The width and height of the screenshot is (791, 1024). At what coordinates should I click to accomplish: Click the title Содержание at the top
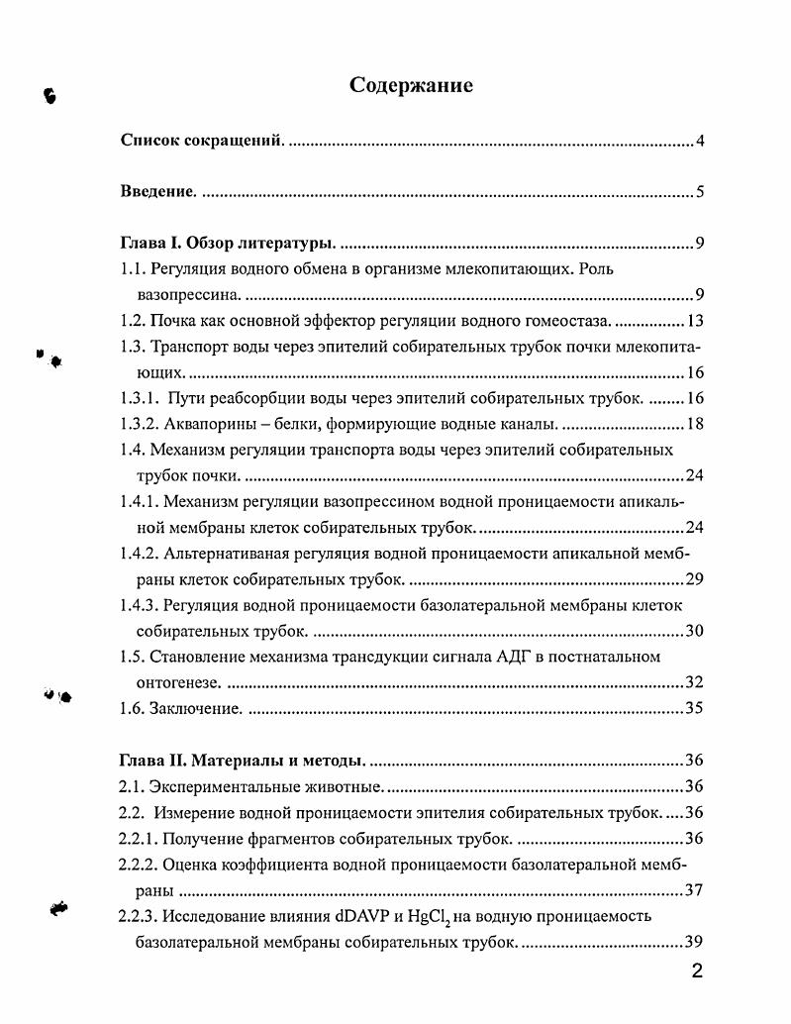point(411,85)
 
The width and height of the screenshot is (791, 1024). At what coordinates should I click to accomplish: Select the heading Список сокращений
point(202,141)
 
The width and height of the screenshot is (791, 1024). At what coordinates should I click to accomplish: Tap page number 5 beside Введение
point(699,192)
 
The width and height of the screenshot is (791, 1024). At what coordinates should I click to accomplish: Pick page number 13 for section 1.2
point(694,321)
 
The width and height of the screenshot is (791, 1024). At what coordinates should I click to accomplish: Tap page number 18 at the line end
point(694,424)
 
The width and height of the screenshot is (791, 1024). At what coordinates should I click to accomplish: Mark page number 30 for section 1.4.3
point(694,630)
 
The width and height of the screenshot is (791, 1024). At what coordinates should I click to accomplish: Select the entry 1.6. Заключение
point(181,707)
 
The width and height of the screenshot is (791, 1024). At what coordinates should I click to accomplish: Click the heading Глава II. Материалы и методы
point(243,760)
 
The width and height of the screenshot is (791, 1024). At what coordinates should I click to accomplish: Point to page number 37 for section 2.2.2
point(694,889)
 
